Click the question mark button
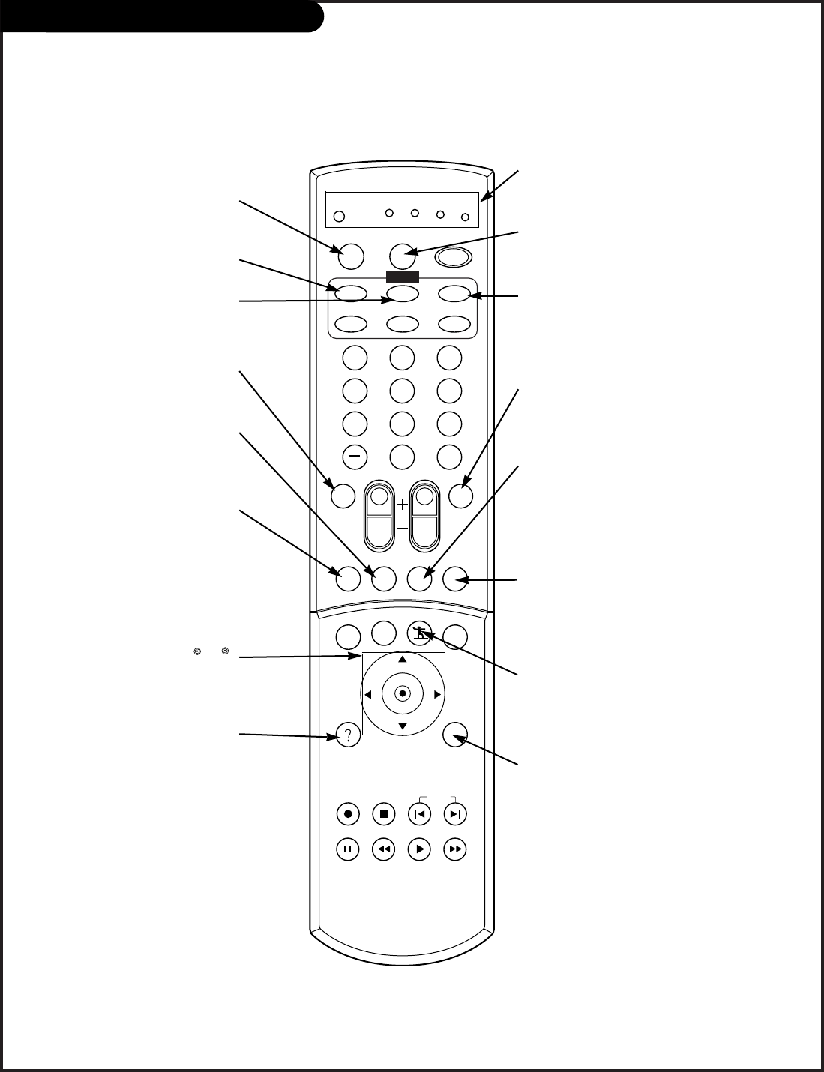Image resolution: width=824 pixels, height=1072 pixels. pyautogui.click(x=348, y=735)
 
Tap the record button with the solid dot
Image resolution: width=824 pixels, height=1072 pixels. pyautogui.click(x=348, y=813)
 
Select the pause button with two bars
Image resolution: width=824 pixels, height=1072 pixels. pyautogui.click(x=348, y=849)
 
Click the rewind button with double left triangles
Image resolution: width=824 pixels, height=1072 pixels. pyautogui.click(x=383, y=849)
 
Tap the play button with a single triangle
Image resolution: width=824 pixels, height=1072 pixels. pyautogui.click(x=419, y=849)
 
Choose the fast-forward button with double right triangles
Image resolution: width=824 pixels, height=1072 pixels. pyautogui.click(x=454, y=849)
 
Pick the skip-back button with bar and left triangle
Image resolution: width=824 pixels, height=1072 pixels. pyautogui.click(x=419, y=813)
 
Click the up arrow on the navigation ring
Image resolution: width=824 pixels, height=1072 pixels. pyautogui.click(x=403, y=660)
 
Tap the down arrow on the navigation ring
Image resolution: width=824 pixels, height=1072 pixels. pyautogui.click(x=403, y=727)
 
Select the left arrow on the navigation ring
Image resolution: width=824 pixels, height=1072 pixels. pyautogui.click(x=367, y=695)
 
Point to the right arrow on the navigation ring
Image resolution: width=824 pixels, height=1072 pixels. pyautogui.click(x=438, y=695)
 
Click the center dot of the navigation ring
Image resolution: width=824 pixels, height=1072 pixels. pyautogui.click(x=403, y=694)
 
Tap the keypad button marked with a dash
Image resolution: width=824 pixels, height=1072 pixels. pyautogui.click(x=355, y=456)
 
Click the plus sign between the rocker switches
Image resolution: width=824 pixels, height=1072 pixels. pyautogui.click(x=403, y=505)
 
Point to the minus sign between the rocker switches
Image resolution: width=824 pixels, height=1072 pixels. pyautogui.click(x=403, y=529)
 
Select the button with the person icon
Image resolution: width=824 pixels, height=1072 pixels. pyautogui.click(x=419, y=635)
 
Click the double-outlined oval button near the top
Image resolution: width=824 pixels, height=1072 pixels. pyautogui.click(x=455, y=256)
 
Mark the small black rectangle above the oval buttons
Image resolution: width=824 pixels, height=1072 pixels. pyautogui.click(x=401, y=277)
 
